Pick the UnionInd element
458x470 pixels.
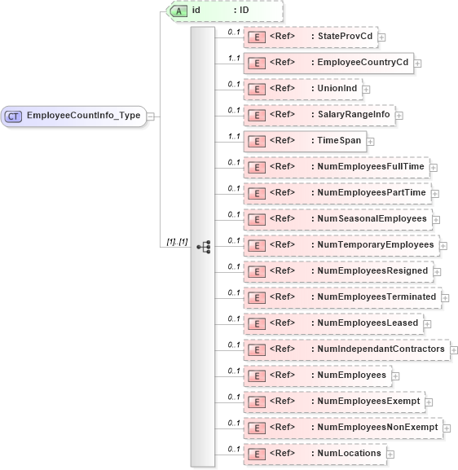(x=336, y=89)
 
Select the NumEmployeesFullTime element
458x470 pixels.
(x=372, y=167)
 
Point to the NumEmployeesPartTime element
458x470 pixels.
(x=372, y=193)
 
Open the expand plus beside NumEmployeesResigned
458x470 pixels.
(x=437, y=271)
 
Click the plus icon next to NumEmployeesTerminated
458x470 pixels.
(x=445, y=297)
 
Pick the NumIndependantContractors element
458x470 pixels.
(x=381, y=349)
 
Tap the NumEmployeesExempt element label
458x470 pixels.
(x=368, y=402)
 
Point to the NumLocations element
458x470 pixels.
(x=349, y=454)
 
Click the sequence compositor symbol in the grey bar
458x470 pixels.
(x=203, y=245)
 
